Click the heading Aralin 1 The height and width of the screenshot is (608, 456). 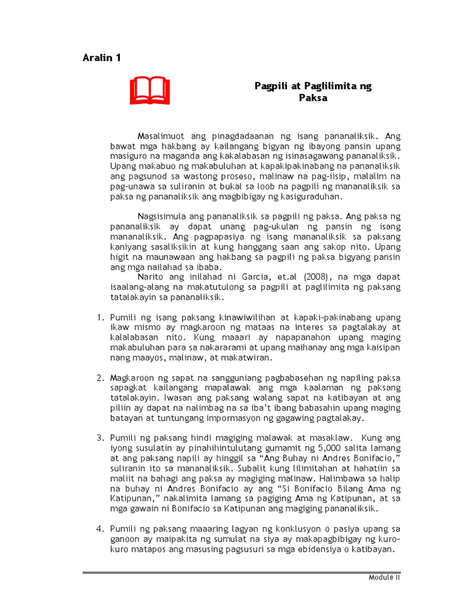click(x=102, y=58)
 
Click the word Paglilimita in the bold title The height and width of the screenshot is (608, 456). click(x=321, y=86)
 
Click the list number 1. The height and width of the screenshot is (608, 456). click(x=100, y=318)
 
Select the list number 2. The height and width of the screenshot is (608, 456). click(x=100, y=378)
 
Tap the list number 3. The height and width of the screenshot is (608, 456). click(x=100, y=438)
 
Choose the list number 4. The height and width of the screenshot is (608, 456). click(x=100, y=529)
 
